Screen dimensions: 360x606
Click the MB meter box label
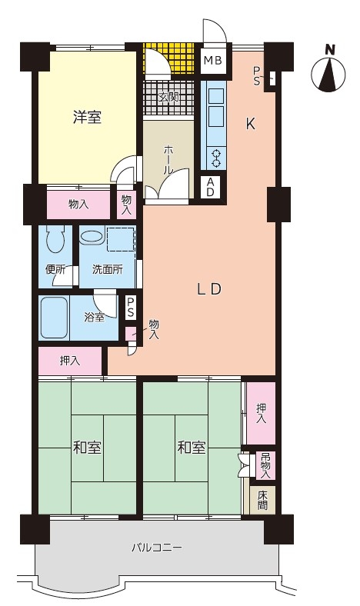coord(212,60)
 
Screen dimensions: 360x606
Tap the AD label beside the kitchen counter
coord(210,187)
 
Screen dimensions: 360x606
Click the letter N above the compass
coord(330,49)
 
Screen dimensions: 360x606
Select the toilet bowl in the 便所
coord(55,239)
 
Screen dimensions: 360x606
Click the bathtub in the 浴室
coord(54,318)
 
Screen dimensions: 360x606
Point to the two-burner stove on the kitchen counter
coord(216,158)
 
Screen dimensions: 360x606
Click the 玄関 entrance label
coord(168,97)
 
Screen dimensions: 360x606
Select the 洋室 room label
coord(87,117)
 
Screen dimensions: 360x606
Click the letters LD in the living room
coord(208,289)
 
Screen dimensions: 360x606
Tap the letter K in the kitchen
coord(251,124)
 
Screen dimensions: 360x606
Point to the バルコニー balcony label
coord(157,548)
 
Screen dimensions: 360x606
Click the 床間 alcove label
coord(262,500)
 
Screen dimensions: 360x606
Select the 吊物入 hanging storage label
coord(265,466)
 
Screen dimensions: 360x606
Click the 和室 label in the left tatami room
coord(87,448)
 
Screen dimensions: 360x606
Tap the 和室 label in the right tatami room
coord(192,448)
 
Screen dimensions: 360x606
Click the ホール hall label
coord(168,160)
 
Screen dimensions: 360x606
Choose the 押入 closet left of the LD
coord(70,361)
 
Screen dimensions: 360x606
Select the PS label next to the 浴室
coord(131,307)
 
